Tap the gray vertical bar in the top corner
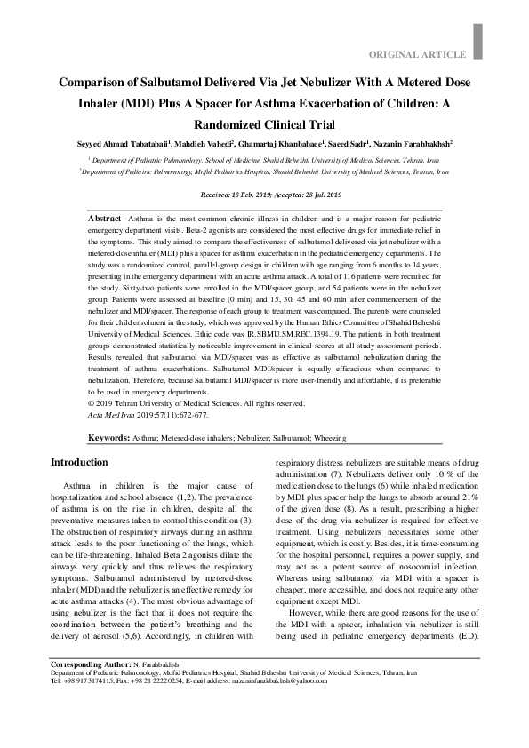478,40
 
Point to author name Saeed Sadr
351,143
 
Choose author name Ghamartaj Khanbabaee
280,143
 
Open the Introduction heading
79,463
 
